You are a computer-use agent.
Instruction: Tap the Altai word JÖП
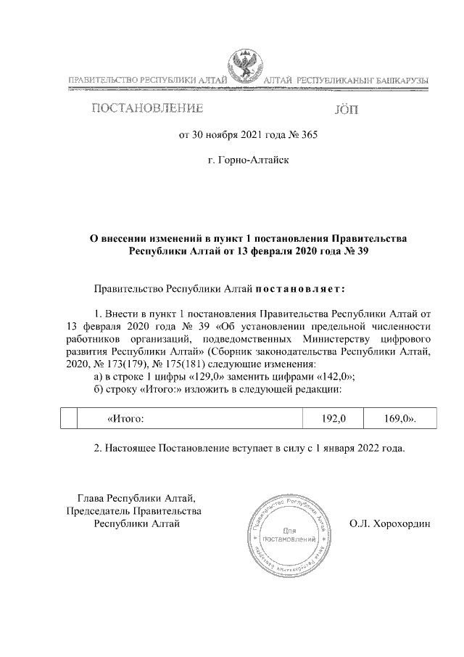(x=347, y=110)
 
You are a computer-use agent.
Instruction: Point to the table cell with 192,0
(x=335, y=419)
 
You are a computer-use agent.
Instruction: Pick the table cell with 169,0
(x=399, y=419)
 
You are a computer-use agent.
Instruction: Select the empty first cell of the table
(x=67, y=419)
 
